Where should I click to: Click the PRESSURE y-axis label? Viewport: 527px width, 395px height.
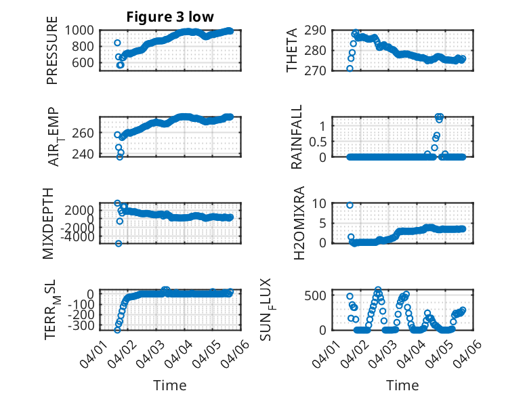point(52,56)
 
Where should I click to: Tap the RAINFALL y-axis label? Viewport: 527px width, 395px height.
point(297,138)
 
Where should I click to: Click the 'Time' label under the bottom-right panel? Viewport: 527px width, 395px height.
point(402,386)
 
